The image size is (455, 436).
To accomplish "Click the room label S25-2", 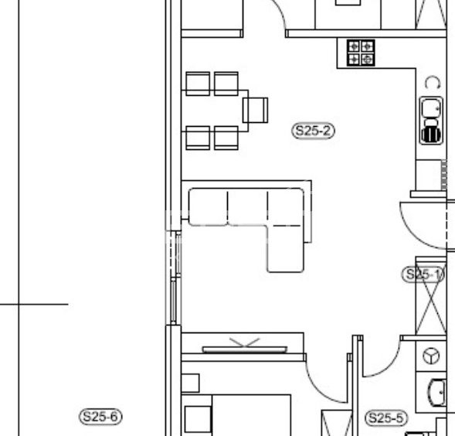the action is coord(313,131).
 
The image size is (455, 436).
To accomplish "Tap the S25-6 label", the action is coord(100,417).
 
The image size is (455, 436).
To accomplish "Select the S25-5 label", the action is coord(386,418).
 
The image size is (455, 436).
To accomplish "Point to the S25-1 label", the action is coord(423,274).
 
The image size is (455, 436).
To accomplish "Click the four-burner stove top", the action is coord(361,53).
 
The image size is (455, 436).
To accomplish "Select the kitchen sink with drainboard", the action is coord(431,121).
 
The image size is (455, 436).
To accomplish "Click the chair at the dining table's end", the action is coord(256,110).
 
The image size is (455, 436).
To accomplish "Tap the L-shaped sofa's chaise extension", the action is coord(286,248).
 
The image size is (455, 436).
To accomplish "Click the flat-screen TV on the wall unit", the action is coord(245,349).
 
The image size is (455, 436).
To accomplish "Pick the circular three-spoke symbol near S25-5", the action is coord(431,356).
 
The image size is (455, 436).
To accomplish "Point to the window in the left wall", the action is coord(174,278).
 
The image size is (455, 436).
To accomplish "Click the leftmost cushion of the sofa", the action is coord(209,207).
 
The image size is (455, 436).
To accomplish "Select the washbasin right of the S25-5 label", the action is coord(437,392).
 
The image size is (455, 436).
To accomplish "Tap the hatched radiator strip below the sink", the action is coord(443,175).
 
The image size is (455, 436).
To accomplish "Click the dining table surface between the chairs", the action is coord(215,111).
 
